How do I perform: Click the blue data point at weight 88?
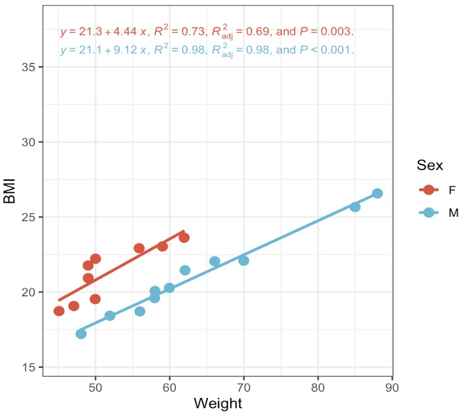pos(377,194)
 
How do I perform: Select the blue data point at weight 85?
pos(355,207)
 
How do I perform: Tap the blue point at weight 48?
pos(81,334)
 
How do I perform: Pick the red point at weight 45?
pos(59,311)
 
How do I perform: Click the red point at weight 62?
pos(184,238)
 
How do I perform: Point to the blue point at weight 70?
pos(244,260)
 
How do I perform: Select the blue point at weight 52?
pos(110,316)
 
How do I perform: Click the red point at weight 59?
pos(163,246)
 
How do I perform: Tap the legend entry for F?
pos(438,189)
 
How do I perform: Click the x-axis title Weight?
pos(218,403)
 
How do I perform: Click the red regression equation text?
pos(207,32)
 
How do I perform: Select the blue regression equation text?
pos(207,51)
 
